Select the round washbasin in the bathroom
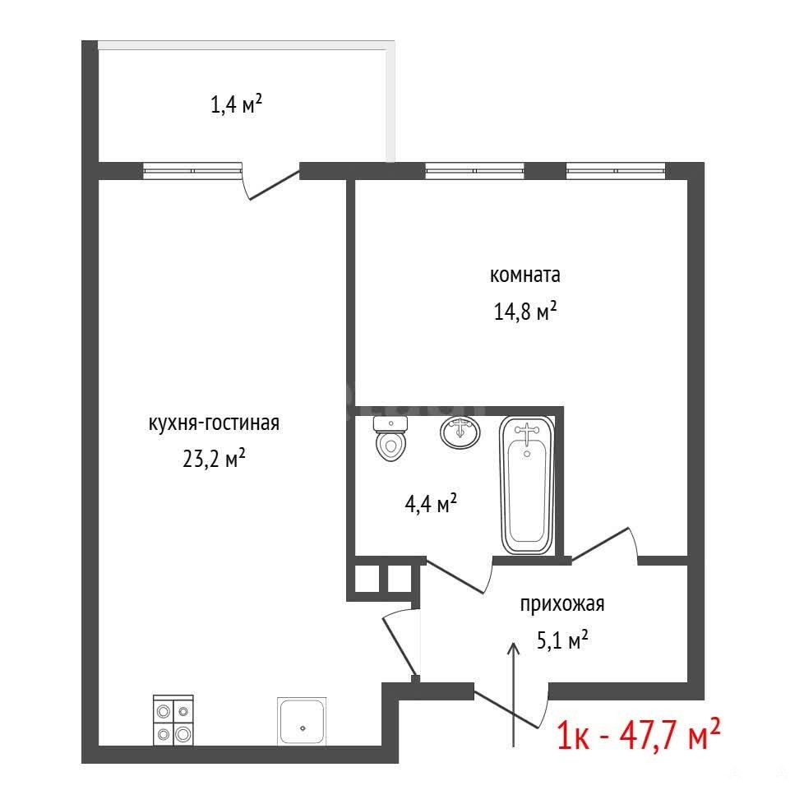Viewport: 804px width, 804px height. pyautogui.click(x=460, y=432)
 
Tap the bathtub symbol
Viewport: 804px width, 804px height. pyautogui.click(x=527, y=485)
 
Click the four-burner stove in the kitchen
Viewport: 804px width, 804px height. pyautogui.click(x=173, y=720)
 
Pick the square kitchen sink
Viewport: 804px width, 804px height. pyautogui.click(x=303, y=721)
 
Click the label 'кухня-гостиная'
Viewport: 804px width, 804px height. pyautogui.click(x=214, y=423)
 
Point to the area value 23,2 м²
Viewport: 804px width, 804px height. pyautogui.click(x=214, y=457)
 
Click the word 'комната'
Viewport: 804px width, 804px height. pyautogui.click(x=524, y=275)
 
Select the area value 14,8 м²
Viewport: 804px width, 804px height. pyautogui.click(x=525, y=311)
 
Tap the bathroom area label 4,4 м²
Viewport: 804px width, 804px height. pyautogui.click(x=431, y=503)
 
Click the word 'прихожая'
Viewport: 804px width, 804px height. pyautogui.click(x=562, y=604)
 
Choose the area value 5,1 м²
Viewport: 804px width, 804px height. pyautogui.click(x=562, y=640)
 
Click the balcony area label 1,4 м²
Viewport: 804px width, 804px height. pyautogui.click(x=237, y=104)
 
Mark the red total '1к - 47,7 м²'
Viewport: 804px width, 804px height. pyautogui.click(x=639, y=736)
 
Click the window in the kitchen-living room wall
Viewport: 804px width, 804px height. pyautogui.click(x=192, y=171)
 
